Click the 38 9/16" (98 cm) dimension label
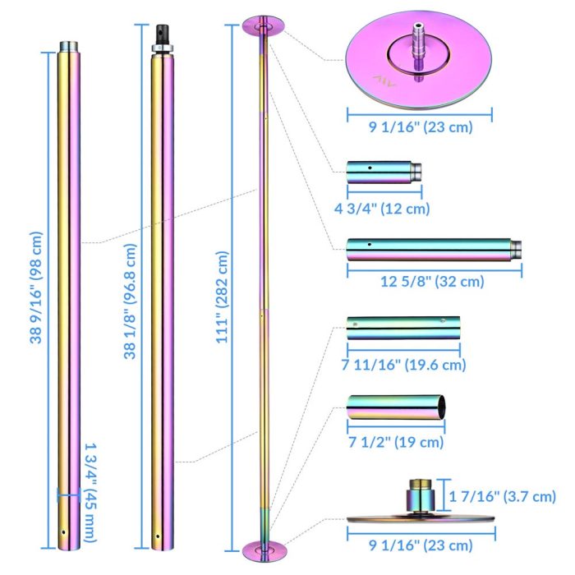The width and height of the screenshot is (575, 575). [36, 287]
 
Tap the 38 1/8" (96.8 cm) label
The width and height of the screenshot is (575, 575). [130, 301]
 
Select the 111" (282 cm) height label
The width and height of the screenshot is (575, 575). [222, 297]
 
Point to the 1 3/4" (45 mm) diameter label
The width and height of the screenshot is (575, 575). [90, 493]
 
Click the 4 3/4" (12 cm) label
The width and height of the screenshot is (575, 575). [382, 209]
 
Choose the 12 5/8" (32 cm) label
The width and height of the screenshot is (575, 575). [432, 281]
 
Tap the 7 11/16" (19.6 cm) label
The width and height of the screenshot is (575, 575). [403, 364]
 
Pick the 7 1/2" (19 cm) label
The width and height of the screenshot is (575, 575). [396, 442]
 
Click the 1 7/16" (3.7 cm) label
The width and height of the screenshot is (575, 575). [503, 496]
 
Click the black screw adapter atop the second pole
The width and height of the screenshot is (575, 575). [163, 34]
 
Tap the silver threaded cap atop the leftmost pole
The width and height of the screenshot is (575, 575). [68, 47]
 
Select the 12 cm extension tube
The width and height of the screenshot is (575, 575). [384, 172]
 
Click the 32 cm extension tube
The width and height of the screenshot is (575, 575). [434, 250]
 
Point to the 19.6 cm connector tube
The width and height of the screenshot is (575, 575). [403, 328]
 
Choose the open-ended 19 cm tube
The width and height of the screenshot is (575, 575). [396, 407]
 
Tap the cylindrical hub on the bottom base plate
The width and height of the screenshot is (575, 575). [421, 495]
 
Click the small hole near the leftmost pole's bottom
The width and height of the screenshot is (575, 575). [64, 532]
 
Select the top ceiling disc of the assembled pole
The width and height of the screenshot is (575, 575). [264, 26]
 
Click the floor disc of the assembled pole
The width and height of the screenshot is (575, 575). [264, 550]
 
